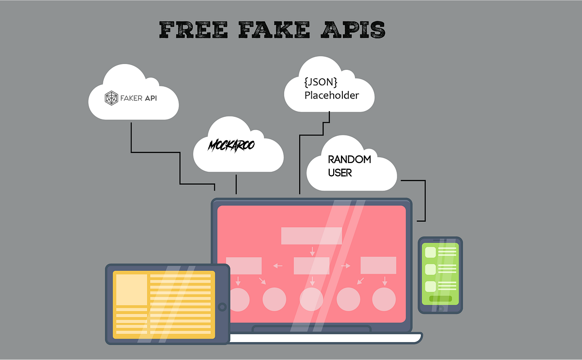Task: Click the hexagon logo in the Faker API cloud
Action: coord(112,98)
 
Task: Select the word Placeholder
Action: coord(332,95)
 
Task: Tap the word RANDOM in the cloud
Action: coord(349,160)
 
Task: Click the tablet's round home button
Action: coord(222,307)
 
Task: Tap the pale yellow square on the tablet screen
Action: coord(130,290)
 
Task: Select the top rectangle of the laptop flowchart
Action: coord(312,235)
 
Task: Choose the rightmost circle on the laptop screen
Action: coord(384,299)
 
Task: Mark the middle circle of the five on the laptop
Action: coord(311,299)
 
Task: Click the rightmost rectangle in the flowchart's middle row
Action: coord(378,265)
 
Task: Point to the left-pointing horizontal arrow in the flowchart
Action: coord(278,265)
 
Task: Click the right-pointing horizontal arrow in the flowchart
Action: coord(346,265)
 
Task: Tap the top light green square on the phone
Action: coord(430,252)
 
